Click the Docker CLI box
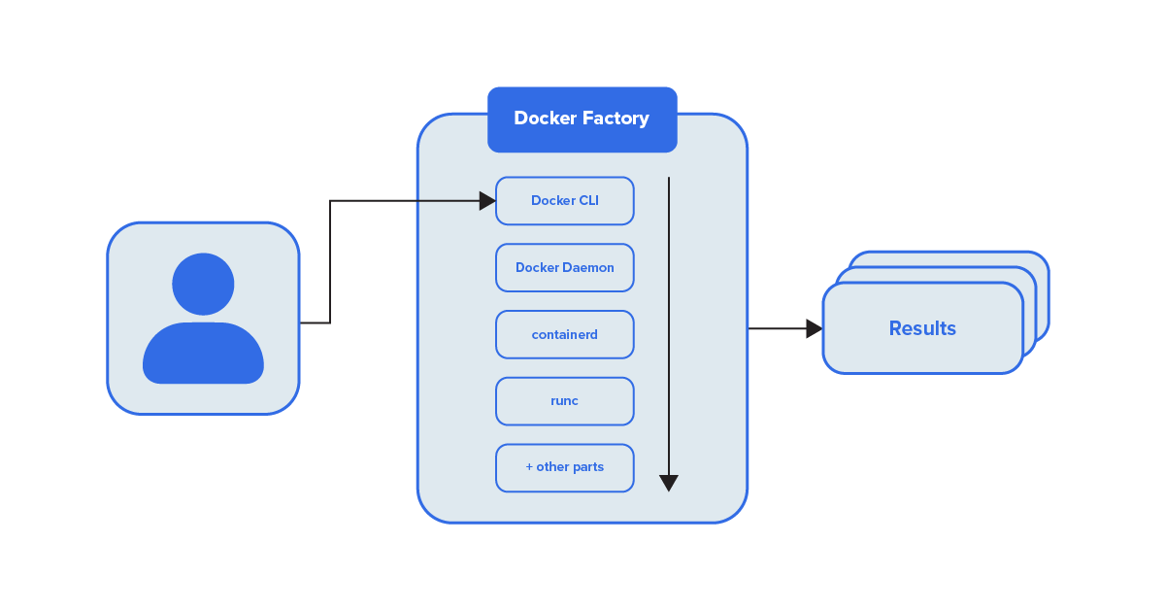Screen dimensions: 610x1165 [564, 201]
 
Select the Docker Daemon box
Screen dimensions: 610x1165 [564, 267]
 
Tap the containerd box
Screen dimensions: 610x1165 [564, 334]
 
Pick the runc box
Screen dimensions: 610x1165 [564, 401]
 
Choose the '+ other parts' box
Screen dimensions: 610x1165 [564, 467]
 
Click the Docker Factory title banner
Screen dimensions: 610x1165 [582, 119]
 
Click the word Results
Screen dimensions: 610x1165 [922, 328]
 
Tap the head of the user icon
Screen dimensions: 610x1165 [203, 284]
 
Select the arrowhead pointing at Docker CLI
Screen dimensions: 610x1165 [487, 201]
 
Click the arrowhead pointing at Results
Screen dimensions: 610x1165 [814, 328]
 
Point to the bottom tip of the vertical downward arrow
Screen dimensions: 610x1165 [668, 488]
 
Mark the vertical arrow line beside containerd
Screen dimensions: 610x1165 [668, 334]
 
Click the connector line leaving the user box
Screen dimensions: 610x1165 [315, 322]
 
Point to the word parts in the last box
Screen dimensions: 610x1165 [587, 467]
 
